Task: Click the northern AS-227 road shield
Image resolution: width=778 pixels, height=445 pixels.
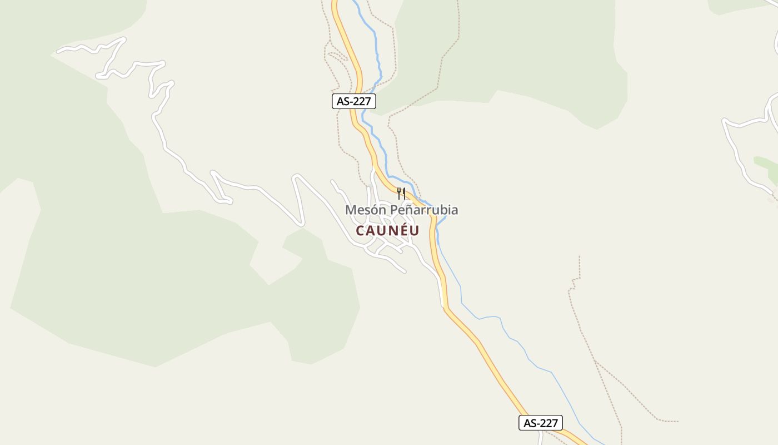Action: [354, 101]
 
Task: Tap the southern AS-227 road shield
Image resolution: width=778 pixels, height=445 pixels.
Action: [540, 423]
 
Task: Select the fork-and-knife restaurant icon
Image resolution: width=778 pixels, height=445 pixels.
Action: [401, 193]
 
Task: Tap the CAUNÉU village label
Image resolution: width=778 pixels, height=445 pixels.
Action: [387, 230]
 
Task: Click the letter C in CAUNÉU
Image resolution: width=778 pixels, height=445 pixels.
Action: [360, 230]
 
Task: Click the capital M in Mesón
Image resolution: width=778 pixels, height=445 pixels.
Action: [351, 210]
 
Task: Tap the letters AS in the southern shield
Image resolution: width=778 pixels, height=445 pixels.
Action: [530, 423]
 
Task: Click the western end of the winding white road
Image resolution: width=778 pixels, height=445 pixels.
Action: [59, 52]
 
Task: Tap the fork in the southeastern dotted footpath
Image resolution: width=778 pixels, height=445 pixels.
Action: [595, 360]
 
